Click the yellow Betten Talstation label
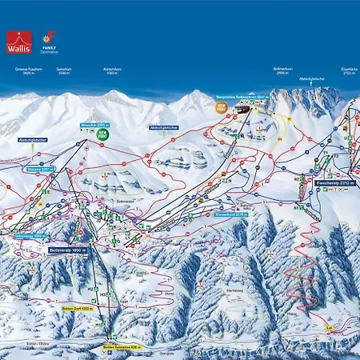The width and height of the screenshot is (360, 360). click(120, 347)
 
